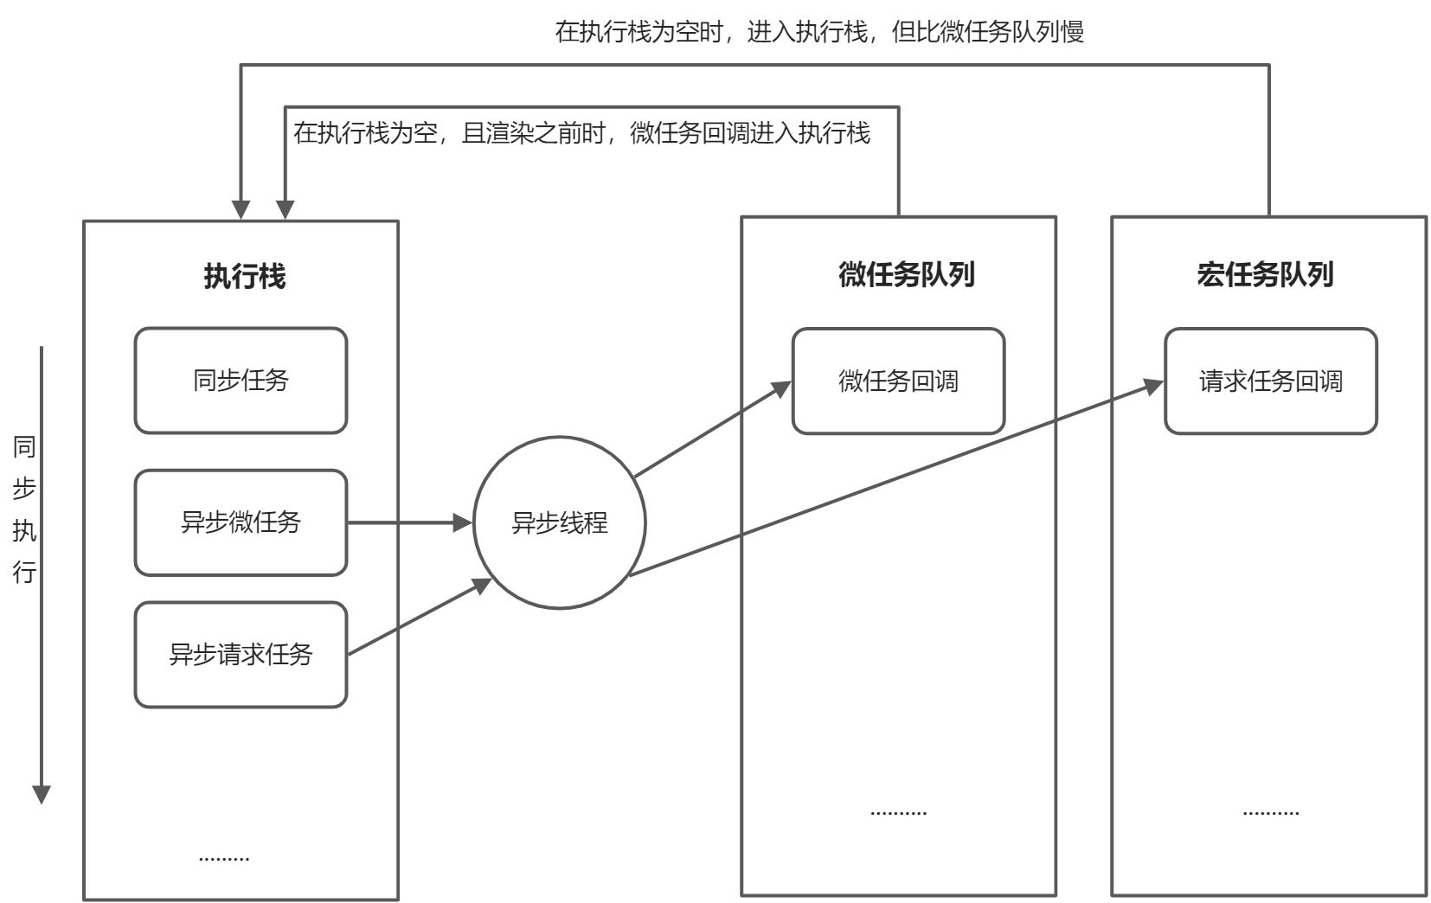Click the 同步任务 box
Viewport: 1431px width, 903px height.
coord(241,381)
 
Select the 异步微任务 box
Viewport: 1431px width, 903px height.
coord(241,522)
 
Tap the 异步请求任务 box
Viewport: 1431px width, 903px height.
coord(241,655)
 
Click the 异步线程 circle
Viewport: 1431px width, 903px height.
coord(560,522)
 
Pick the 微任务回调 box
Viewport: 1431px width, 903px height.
coord(898,381)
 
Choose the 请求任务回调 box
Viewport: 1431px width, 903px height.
coord(1270,381)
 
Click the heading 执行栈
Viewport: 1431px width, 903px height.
coord(244,276)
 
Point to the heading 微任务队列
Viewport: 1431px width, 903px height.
coord(906,274)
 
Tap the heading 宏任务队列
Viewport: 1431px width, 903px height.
coord(1265,274)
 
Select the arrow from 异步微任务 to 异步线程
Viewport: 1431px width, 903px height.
coord(407,522)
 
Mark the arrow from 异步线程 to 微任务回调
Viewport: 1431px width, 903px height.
coord(709,430)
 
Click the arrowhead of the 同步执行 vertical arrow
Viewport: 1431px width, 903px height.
coord(42,794)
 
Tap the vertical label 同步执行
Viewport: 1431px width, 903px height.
coord(24,510)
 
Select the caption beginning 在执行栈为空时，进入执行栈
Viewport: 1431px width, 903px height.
coord(818,32)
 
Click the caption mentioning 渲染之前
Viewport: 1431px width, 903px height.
coord(581,133)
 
